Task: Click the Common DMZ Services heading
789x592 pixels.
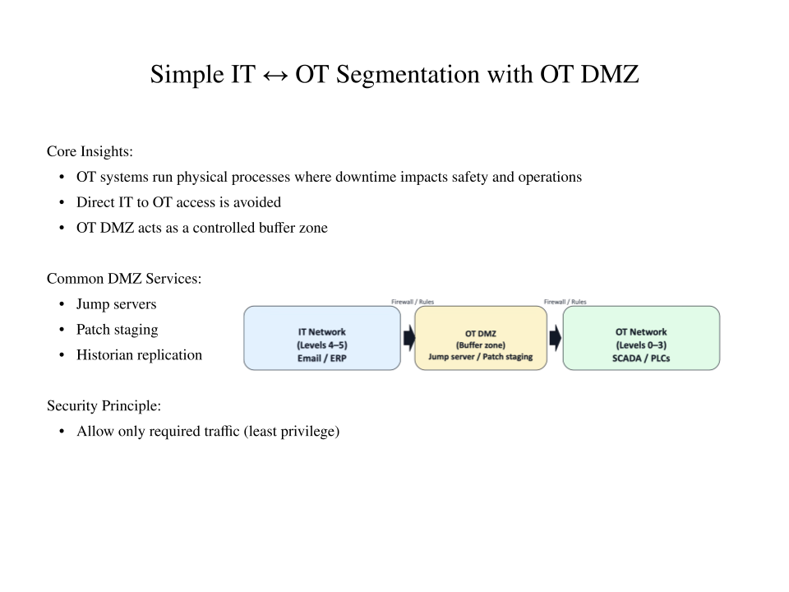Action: tap(124, 279)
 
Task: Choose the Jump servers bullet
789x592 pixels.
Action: tap(116, 304)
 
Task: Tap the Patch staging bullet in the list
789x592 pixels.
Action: tap(117, 330)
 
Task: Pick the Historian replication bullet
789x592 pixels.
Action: tap(139, 355)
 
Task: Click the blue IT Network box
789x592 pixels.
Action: tap(321, 338)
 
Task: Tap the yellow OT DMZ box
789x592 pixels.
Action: tap(480, 338)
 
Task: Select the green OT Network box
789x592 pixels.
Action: tap(640, 338)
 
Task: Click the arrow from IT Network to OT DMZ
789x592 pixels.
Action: tap(408, 338)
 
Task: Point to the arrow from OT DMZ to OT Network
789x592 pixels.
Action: tap(555, 338)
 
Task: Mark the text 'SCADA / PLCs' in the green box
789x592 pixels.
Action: tap(641, 358)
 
